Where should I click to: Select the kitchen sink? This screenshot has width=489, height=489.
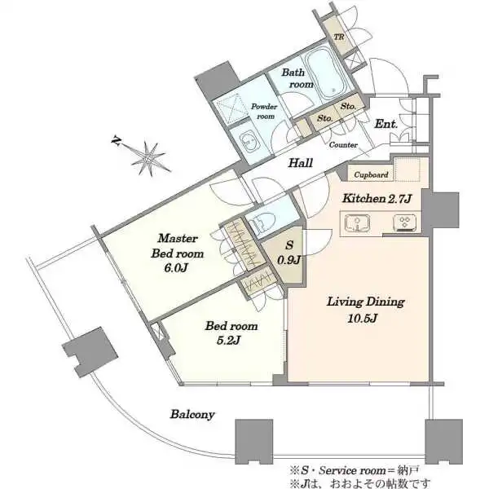(357, 223)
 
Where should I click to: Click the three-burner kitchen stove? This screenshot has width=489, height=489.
(404, 222)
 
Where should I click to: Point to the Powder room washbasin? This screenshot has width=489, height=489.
(249, 142)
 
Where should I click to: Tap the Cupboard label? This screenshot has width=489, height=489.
(371, 174)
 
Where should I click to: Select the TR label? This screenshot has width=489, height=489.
(339, 37)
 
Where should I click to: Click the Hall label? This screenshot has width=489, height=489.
(301, 163)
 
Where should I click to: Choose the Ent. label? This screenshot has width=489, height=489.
(386, 124)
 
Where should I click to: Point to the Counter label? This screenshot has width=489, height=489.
(343, 145)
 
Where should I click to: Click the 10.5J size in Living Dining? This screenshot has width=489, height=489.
(362, 318)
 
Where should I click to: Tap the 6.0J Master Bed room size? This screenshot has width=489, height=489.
(176, 267)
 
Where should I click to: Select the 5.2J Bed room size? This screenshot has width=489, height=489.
(228, 340)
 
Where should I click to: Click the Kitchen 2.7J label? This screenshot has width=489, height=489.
(377, 198)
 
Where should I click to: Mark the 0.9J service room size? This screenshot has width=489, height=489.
(289, 259)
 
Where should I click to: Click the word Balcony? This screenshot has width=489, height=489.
(192, 415)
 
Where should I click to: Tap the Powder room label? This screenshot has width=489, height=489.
(264, 112)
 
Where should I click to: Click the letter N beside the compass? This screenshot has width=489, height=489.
(116, 141)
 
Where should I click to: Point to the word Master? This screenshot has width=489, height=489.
(178, 239)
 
